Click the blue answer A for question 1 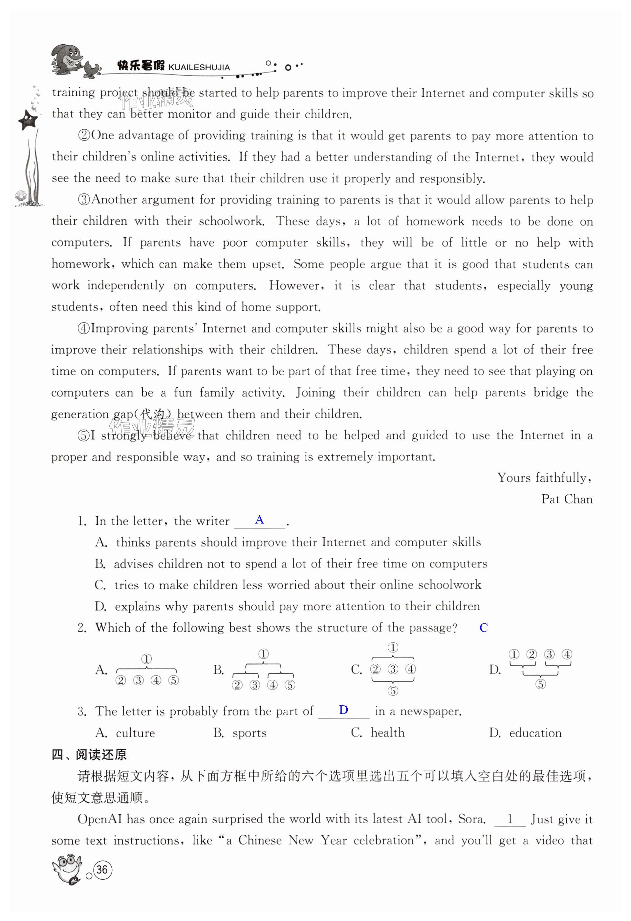[259, 520]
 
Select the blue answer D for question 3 [343, 710]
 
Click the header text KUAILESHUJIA [199, 67]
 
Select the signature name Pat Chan [567, 499]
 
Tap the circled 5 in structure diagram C [392, 691]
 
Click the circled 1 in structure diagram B [263, 654]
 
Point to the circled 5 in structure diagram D [540, 684]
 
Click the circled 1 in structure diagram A [146, 659]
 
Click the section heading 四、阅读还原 [89, 755]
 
